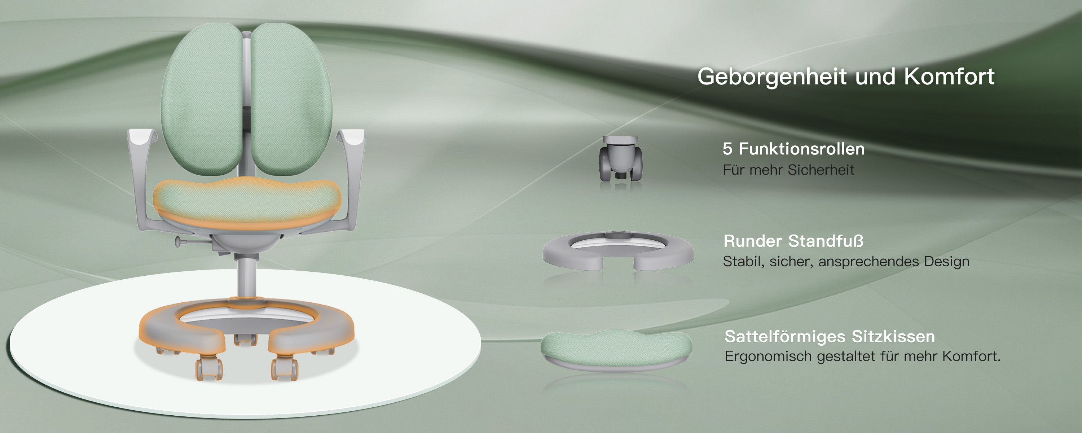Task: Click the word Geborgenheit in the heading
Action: pos(772,77)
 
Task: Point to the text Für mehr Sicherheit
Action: pos(788,170)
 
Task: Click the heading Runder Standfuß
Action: pos(793,241)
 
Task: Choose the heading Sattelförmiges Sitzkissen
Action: pos(830,336)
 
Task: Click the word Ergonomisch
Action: pos(769,357)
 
